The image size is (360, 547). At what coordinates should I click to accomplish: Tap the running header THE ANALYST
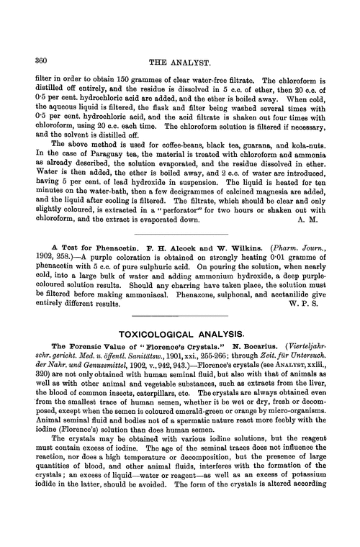tap(178, 62)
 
